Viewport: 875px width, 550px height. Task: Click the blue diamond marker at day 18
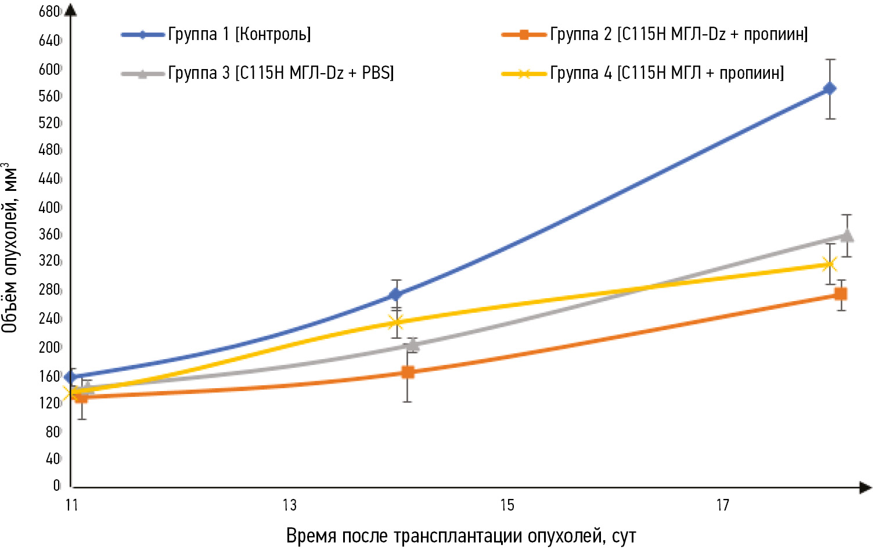click(x=830, y=89)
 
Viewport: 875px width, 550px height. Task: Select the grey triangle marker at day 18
click(x=847, y=236)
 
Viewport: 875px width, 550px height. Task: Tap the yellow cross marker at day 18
click(x=829, y=265)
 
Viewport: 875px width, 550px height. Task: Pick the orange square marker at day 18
click(x=840, y=294)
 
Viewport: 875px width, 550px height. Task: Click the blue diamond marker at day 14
click(x=396, y=295)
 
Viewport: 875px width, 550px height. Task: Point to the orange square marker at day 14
click(x=408, y=372)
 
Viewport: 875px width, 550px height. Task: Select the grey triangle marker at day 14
click(x=412, y=346)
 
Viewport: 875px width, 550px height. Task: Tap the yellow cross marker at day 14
click(x=396, y=322)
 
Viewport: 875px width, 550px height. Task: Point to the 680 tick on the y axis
click(x=49, y=12)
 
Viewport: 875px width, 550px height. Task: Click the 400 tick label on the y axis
click(x=49, y=207)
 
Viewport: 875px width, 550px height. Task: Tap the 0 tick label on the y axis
click(x=56, y=485)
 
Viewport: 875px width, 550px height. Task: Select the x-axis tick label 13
click(x=289, y=505)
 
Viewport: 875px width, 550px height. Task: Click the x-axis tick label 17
click(x=722, y=505)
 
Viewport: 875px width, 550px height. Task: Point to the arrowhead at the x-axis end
click(x=866, y=487)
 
